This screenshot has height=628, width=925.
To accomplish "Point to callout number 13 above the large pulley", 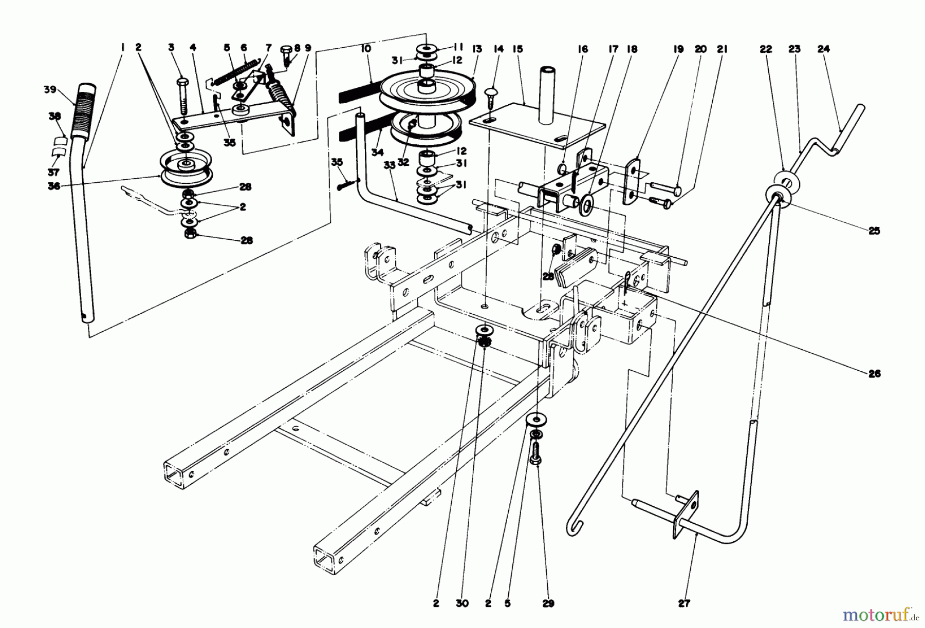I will [477, 49].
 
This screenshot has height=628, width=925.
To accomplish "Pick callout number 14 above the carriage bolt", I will [498, 49].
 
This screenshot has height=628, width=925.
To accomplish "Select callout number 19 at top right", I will [678, 49].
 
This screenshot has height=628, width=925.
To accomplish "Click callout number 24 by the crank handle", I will [823, 49].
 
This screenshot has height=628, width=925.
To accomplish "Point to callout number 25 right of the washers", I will [874, 231].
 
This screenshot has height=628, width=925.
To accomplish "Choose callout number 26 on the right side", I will [874, 374].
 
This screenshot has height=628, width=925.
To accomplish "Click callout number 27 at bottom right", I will [684, 604].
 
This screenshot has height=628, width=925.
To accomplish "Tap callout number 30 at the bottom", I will [462, 604].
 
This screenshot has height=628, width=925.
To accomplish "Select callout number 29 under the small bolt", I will [548, 604].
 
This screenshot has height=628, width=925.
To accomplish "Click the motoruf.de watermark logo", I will [879, 613].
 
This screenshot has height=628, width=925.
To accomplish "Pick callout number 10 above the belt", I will [365, 49].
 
